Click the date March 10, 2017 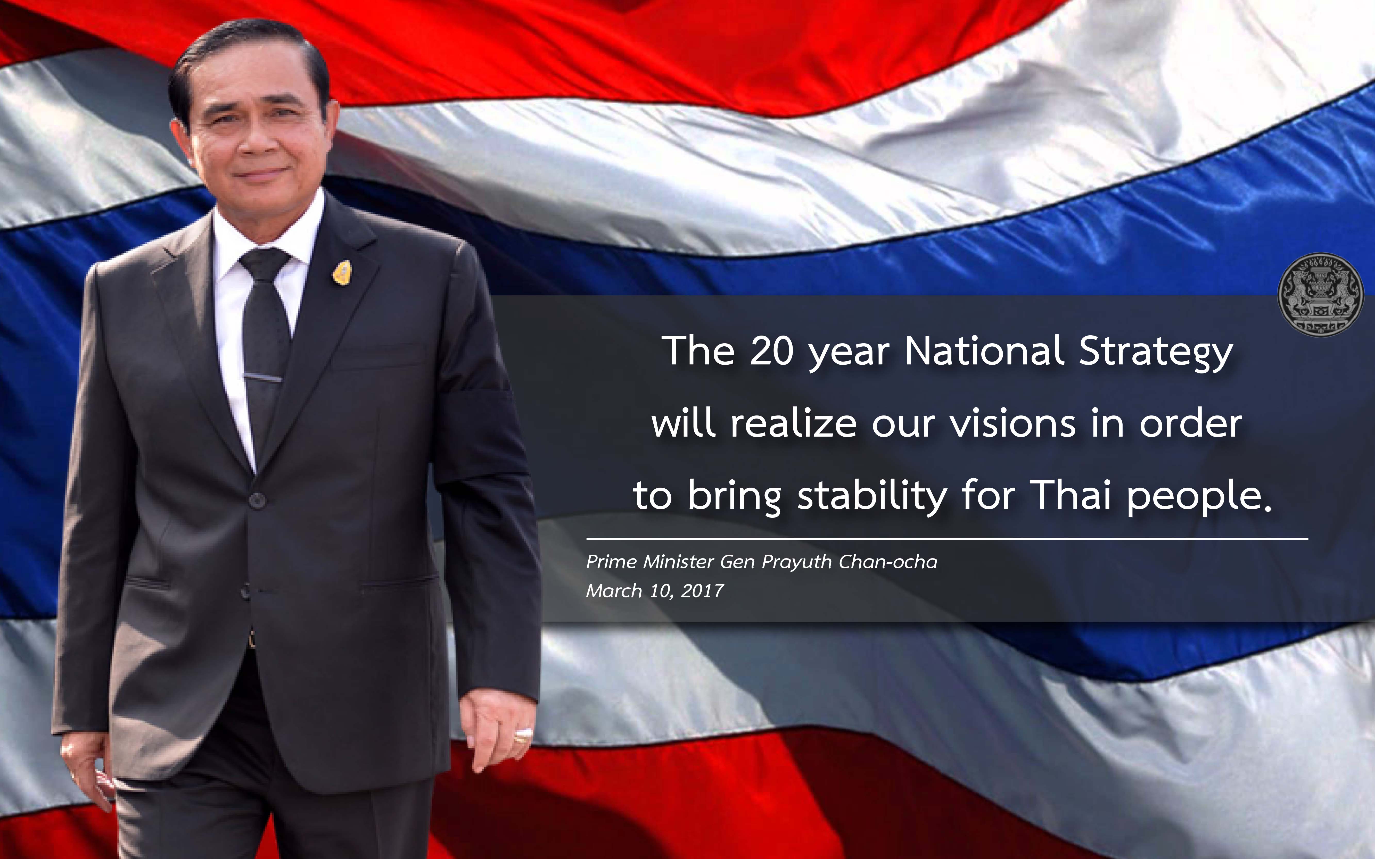(655, 591)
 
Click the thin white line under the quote (947, 538)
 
